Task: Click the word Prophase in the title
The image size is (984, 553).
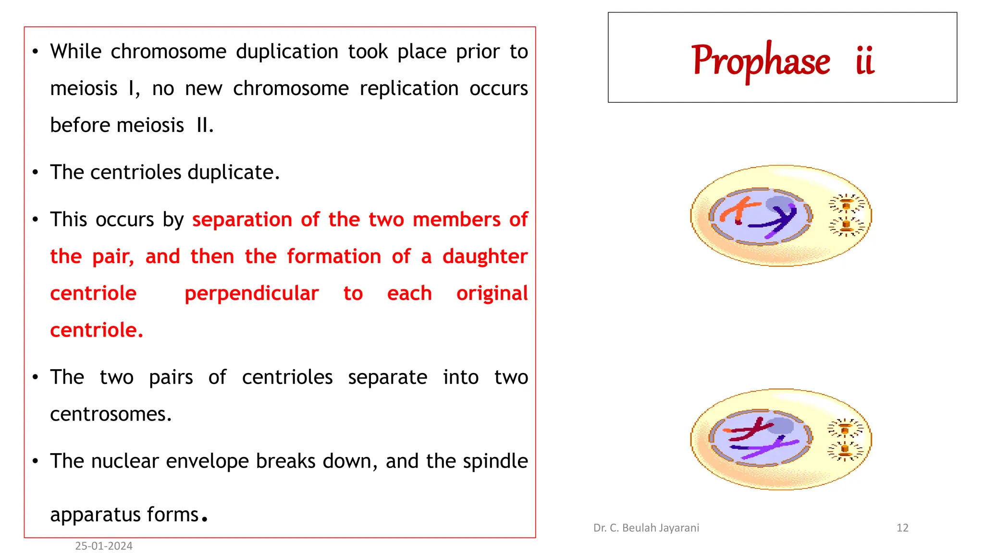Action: (761, 61)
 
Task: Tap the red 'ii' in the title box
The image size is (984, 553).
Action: (865, 61)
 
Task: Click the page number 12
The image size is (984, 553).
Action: (902, 528)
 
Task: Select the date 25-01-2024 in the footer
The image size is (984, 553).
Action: (104, 546)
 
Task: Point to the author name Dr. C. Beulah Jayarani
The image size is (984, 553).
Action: (646, 528)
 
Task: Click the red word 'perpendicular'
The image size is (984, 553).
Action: (251, 293)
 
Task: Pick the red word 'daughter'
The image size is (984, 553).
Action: (485, 256)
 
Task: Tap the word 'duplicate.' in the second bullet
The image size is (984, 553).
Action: (234, 172)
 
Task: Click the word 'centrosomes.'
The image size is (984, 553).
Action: (111, 414)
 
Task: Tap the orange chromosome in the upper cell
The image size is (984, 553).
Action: (738, 210)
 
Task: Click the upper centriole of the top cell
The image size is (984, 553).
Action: (847, 204)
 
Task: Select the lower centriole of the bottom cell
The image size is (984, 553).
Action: (845, 451)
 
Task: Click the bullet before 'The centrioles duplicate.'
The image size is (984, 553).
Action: (35, 172)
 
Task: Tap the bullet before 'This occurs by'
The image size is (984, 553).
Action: (35, 220)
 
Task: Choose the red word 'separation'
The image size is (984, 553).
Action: (242, 219)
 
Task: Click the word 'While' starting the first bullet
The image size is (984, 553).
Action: (76, 51)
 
